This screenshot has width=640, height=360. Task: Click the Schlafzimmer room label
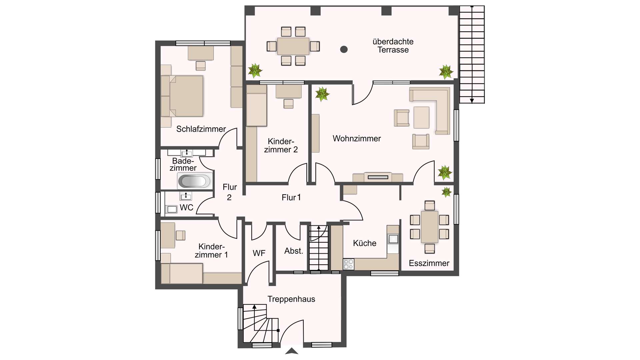click(201, 129)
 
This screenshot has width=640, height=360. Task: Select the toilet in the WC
click(171, 209)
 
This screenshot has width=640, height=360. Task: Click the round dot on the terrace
click(344, 49)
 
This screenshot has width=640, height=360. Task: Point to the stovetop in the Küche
click(348, 264)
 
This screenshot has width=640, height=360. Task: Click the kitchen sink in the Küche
click(393, 239)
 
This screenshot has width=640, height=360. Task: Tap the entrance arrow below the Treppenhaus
click(292, 351)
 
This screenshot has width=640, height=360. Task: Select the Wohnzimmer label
click(357, 139)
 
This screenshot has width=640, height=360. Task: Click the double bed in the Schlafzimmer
click(182, 96)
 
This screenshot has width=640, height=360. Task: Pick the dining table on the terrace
click(293, 46)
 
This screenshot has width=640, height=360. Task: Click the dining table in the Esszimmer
click(430, 227)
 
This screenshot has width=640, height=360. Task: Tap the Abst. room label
click(294, 251)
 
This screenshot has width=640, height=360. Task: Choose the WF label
click(259, 253)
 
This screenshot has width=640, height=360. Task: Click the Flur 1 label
click(291, 198)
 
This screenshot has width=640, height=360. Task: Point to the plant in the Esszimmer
click(446, 192)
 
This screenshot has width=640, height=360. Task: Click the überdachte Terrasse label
click(393, 46)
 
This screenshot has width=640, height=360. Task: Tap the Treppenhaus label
click(291, 299)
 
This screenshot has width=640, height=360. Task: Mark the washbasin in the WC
click(186, 196)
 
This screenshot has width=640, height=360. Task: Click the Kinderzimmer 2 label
click(281, 146)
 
